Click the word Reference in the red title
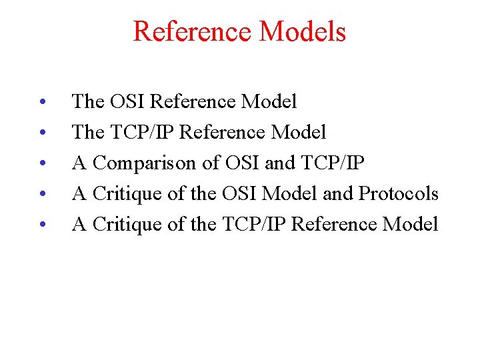click(x=187, y=32)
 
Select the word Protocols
click(x=398, y=194)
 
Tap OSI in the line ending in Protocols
click(x=239, y=194)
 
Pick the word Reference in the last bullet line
click(x=334, y=225)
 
